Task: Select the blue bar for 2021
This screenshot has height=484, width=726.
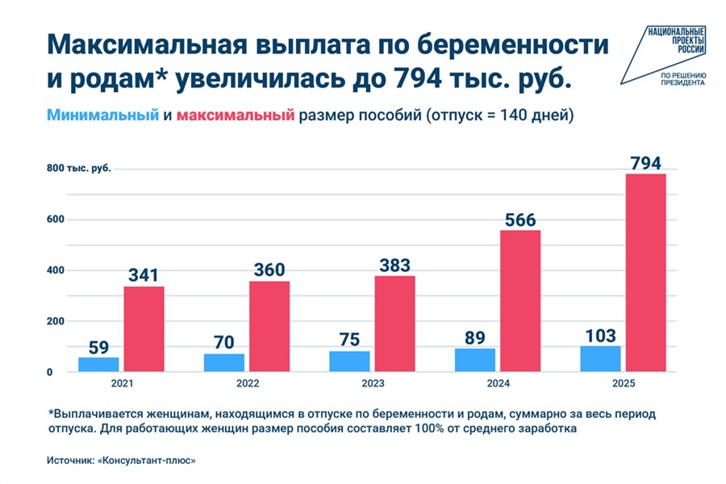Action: coord(98,365)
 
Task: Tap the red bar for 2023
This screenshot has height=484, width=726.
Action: coord(394,323)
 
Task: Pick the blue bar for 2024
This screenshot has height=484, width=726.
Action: coord(474,360)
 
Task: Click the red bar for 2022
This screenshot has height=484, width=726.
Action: coord(269,326)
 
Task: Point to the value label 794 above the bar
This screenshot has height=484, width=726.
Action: coord(645,162)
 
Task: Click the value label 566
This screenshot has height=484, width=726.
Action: coord(519,219)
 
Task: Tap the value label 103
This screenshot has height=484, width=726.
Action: coord(601,336)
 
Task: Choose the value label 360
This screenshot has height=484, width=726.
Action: coord(269,270)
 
